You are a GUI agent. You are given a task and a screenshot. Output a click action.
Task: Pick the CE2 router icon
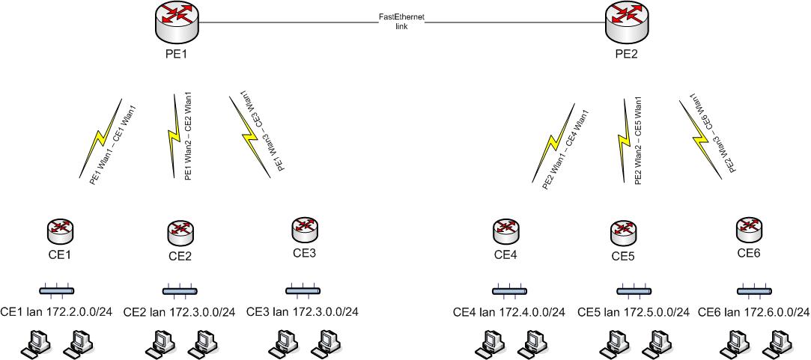tap(180, 232)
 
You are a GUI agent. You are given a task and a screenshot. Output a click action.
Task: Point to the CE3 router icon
tap(303, 228)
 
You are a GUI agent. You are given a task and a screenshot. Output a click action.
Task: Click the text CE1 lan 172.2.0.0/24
tap(57, 311)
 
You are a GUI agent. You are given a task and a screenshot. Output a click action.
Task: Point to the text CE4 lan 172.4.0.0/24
tap(509, 312)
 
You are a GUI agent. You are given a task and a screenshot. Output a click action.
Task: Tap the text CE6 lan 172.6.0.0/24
tap(753, 312)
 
